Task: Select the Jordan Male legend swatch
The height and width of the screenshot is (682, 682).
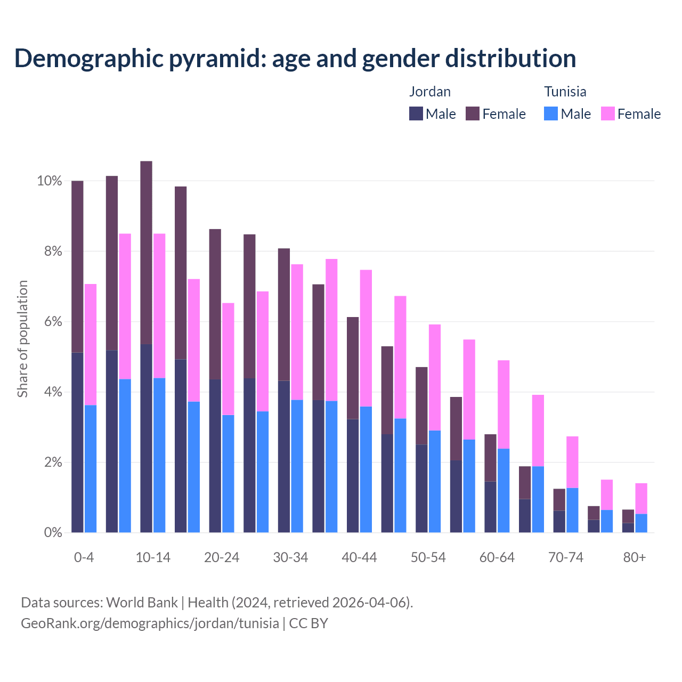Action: (416, 113)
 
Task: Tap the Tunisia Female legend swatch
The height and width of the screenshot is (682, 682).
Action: (608, 113)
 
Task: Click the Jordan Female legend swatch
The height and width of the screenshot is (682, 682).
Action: (473, 113)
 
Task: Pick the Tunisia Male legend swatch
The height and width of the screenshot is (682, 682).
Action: (551, 113)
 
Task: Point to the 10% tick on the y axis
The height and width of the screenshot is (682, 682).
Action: (50, 181)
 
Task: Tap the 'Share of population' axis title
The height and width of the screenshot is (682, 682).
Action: (22, 339)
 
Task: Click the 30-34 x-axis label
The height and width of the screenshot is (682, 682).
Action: (290, 558)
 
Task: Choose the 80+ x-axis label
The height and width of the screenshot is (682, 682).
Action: (635, 558)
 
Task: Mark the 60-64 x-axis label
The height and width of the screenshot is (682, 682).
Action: (497, 558)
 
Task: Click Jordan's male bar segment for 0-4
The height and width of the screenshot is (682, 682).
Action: (77, 442)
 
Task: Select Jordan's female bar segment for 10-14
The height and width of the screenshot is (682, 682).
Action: (146, 253)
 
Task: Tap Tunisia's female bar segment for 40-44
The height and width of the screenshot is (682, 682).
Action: (366, 338)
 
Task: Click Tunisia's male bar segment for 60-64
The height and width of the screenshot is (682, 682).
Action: (504, 490)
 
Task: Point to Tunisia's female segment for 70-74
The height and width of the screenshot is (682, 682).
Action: (572, 462)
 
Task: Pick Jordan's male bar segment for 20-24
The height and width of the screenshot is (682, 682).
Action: (215, 456)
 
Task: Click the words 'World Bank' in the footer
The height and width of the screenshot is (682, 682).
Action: (142, 603)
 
